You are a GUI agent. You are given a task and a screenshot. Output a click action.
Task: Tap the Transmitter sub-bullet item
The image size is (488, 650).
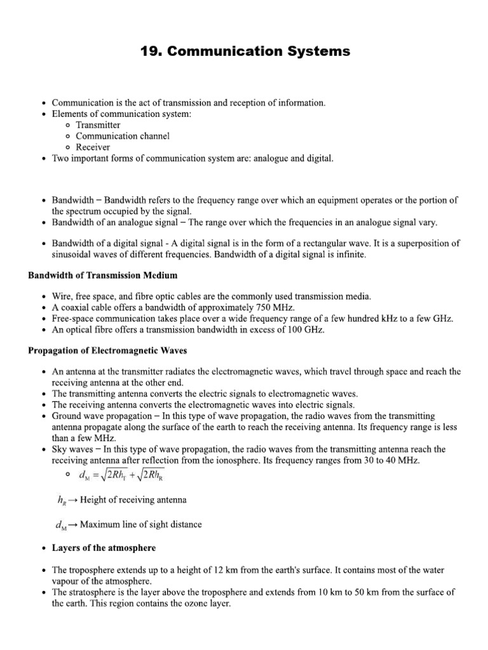(x=98, y=125)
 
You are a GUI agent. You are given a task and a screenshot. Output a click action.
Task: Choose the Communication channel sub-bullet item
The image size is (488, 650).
(x=123, y=136)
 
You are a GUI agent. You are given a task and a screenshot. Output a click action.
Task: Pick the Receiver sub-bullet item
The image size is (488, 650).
(x=93, y=147)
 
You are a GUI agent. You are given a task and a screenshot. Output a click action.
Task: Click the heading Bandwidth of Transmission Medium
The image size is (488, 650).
(x=102, y=275)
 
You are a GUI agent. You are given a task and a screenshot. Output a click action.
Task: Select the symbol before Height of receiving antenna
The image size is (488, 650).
(x=62, y=500)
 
